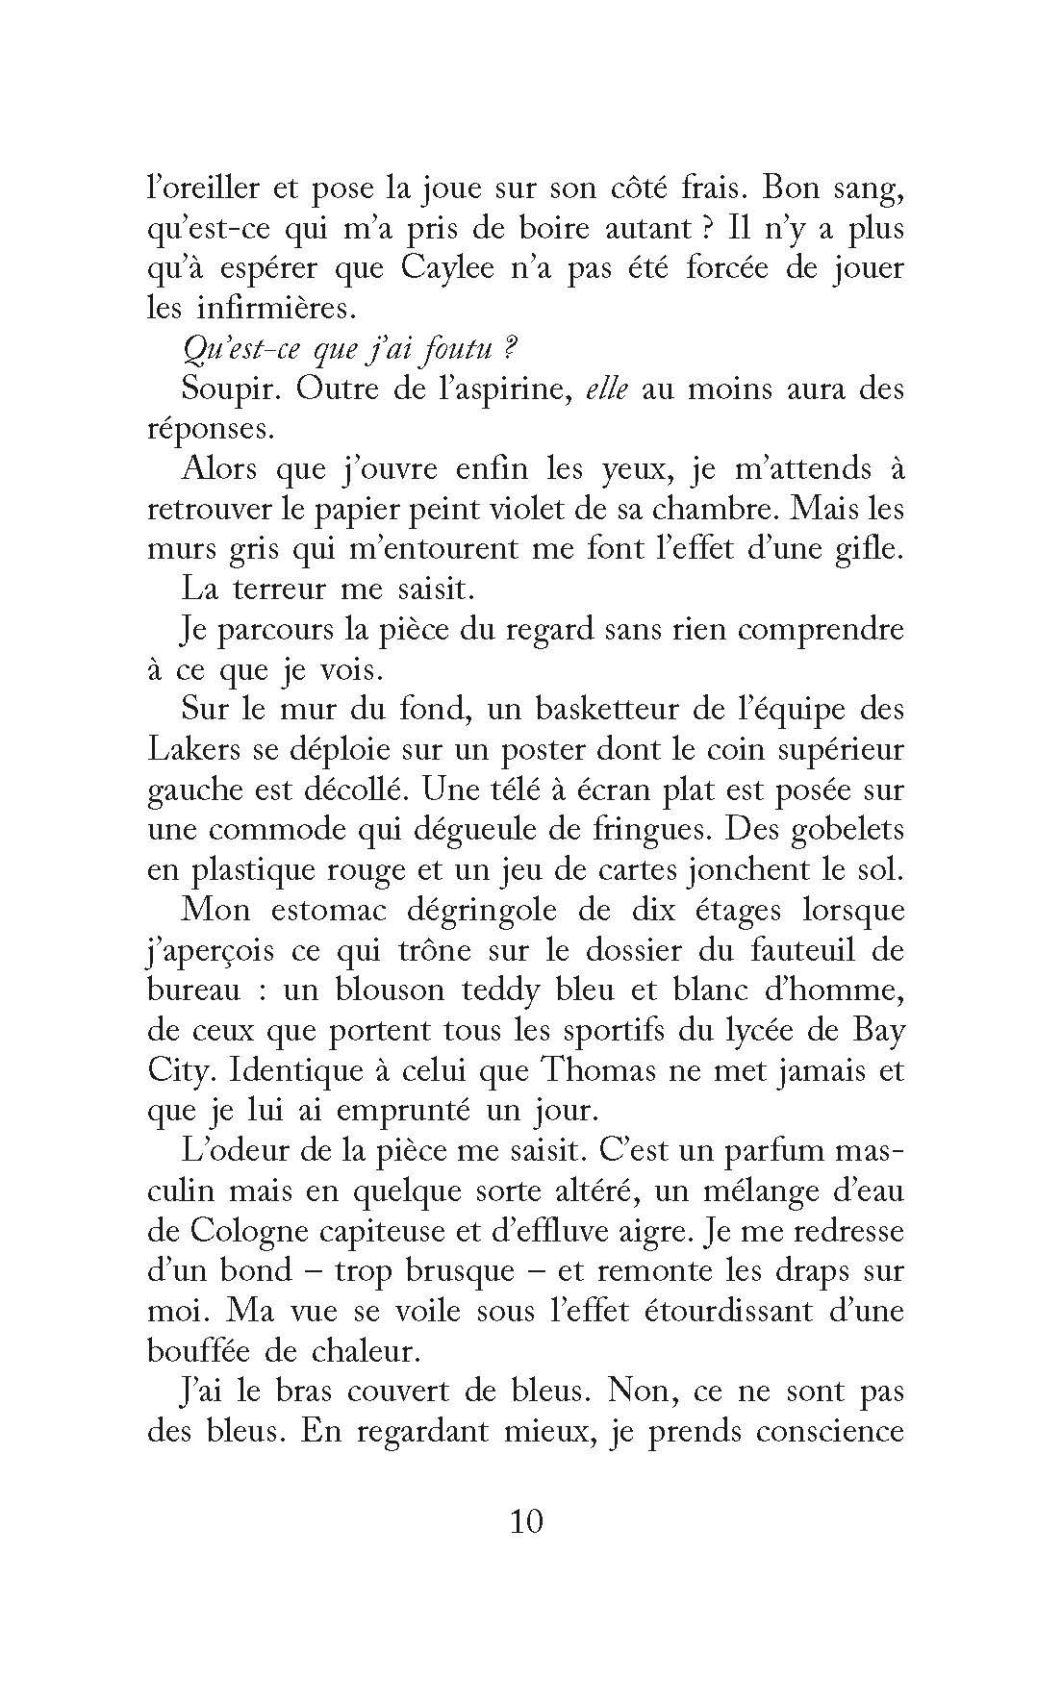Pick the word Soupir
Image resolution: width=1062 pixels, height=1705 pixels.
point(231,389)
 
